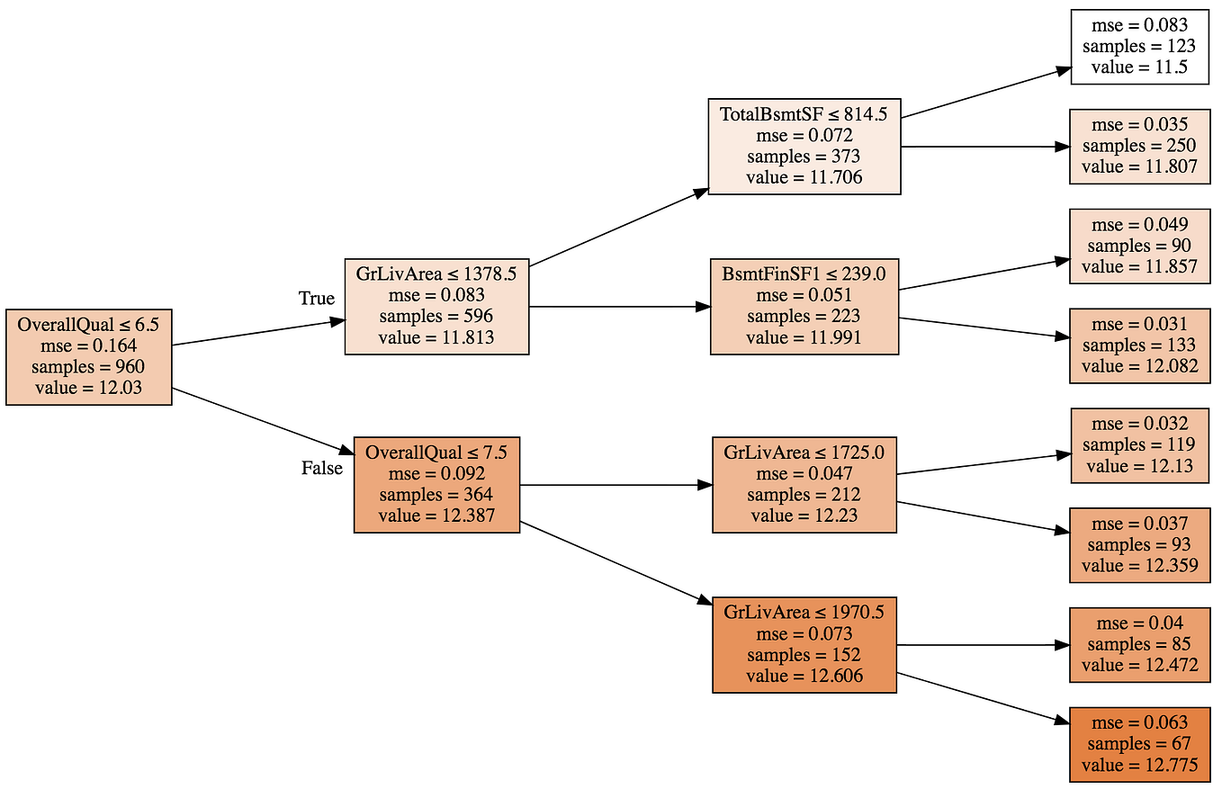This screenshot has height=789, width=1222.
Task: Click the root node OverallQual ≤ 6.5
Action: pos(88,356)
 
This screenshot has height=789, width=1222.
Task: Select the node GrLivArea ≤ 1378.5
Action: pos(436,306)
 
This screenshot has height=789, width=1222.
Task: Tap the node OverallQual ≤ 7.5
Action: pos(436,484)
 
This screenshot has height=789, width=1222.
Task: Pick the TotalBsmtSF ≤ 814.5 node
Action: pos(804,146)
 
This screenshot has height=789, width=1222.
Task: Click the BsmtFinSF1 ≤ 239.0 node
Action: pos(804,306)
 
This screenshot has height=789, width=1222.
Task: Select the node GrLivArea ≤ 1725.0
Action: pos(804,484)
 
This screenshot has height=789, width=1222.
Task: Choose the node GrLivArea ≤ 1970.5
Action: pos(804,644)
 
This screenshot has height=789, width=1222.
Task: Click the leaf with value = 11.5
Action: pos(1139,47)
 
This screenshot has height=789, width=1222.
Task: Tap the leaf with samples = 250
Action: pos(1139,146)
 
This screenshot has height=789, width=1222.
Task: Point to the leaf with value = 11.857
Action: pos(1139,246)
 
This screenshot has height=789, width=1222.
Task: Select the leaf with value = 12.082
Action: pos(1139,345)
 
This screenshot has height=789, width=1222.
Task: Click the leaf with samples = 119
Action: pos(1139,444)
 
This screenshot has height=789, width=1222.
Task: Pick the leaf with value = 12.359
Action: pos(1139,544)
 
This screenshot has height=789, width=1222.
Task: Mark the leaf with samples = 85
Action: pos(1139,644)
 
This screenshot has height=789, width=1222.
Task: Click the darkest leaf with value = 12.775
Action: pos(1139,744)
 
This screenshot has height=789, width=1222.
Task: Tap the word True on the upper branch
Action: pos(316,299)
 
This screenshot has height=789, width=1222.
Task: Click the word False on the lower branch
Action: pos(321,469)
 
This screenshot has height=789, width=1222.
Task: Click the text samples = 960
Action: pos(88,367)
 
